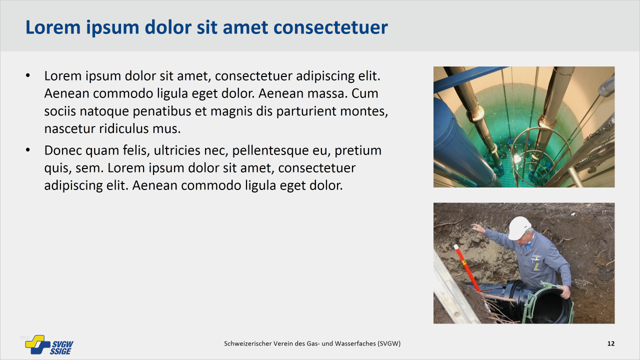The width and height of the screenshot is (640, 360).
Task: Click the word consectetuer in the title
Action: pos(330,27)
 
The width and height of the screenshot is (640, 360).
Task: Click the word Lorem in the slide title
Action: pos(53,27)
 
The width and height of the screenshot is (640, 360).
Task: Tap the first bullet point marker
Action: pos(27,75)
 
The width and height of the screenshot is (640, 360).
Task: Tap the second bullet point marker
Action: pos(27,150)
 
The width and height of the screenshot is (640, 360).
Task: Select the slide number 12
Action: pos(611,343)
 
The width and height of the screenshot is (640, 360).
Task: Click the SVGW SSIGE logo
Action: pos(49,345)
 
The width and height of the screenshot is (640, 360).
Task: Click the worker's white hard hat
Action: pos(519,227)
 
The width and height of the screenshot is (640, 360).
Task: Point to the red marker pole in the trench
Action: pos(467,268)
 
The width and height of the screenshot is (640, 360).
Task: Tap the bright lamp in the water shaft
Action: pos(517,158)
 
